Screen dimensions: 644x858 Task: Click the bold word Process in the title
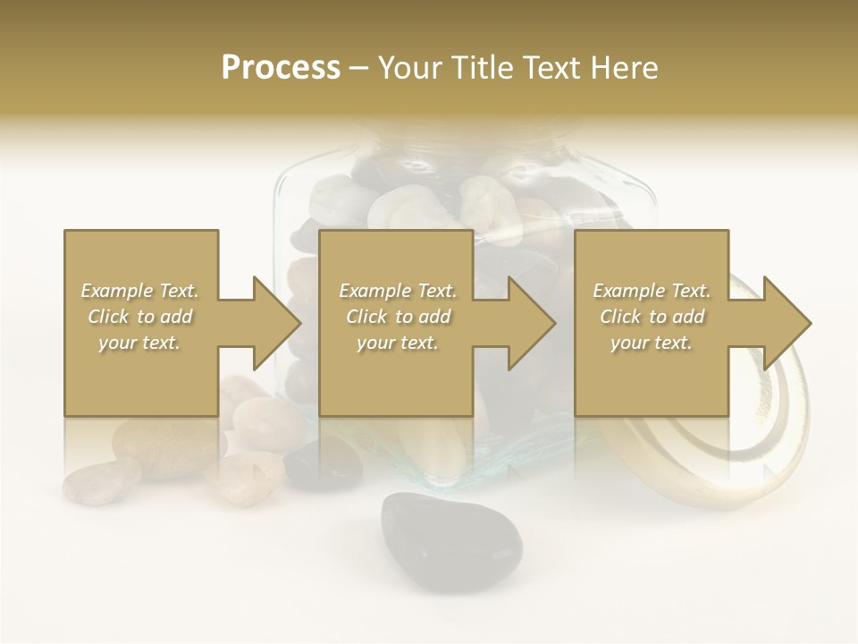(281, 68)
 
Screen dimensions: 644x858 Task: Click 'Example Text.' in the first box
(139, 291)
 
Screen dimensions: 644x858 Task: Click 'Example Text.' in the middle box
(398, 291)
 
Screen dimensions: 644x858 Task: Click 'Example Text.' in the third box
(652, 291)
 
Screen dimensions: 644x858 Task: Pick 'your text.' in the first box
(139, 343)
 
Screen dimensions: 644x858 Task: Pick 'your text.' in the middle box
(398, 343)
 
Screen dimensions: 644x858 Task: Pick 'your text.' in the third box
(652, 343)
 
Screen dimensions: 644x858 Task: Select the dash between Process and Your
(359, 69)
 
